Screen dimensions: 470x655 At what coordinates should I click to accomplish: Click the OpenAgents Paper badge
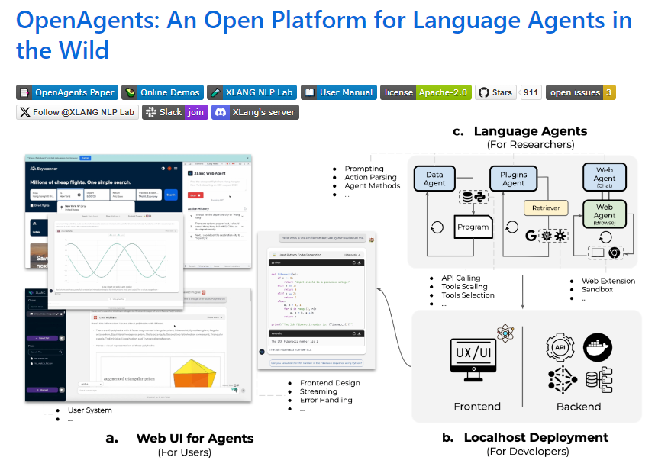[x=67, y=92]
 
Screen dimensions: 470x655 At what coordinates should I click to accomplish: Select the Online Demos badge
[x=162, y=92]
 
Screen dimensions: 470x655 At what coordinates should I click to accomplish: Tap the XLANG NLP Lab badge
[x=252, y=92]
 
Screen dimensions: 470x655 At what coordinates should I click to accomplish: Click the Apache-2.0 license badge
[x=425, y=92]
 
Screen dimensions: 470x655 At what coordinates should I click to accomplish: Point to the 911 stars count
[x=531, y=92]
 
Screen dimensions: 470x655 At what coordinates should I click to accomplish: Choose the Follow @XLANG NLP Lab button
[x=77, y=112]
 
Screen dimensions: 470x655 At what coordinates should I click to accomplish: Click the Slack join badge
[x=175, y=112]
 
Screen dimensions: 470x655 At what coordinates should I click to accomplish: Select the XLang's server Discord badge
[x=255, y=112]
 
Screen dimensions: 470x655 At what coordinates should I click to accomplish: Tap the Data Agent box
[x=434, y=179]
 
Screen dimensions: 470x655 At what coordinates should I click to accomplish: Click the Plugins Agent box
[x=514, y=179]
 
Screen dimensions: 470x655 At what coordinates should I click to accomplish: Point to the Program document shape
[x=473, y=227]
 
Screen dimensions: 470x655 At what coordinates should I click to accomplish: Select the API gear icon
[x=560, y=347]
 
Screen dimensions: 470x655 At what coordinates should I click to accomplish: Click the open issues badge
[x=581, y=92]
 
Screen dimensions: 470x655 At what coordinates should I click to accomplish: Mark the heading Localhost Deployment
[x=535, y=437]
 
